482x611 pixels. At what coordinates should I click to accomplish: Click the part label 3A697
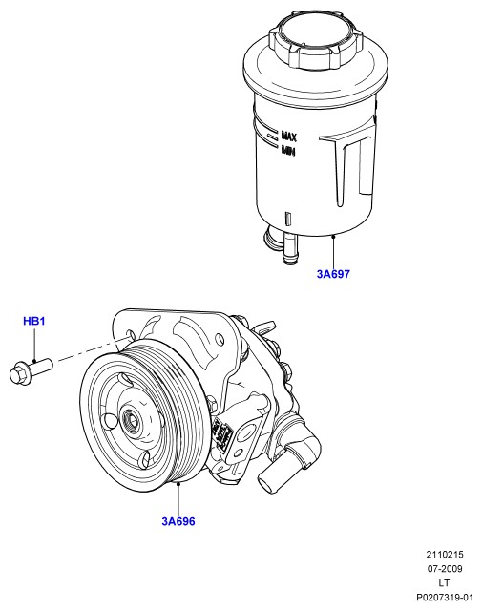(x=333, y=274)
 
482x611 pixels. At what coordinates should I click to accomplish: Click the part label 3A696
(x=178, y=521)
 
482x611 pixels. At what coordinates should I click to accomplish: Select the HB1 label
(x=34, y=321)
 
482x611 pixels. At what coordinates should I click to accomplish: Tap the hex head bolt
(x=31, y=371)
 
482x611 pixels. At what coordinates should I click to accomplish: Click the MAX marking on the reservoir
(x=289, y=136)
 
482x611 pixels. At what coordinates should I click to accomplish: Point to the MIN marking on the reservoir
(x=288, y=150)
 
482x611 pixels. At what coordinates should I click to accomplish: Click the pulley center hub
(x=131, y=421)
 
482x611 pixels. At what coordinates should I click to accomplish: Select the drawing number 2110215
(x=445, y=554)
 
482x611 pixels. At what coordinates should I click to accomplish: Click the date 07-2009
(x=445, y=569)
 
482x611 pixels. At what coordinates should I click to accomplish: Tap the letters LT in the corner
(x=444, y=583)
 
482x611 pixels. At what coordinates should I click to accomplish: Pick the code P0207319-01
(x=445, y=598)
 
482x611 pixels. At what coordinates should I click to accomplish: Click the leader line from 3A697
(x=333, y=251)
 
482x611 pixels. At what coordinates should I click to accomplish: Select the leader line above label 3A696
(x=178, y=498)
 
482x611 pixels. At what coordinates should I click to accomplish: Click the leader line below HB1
(x=34, y=345)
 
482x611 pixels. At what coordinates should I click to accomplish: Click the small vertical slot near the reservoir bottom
(x=288, y=219)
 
